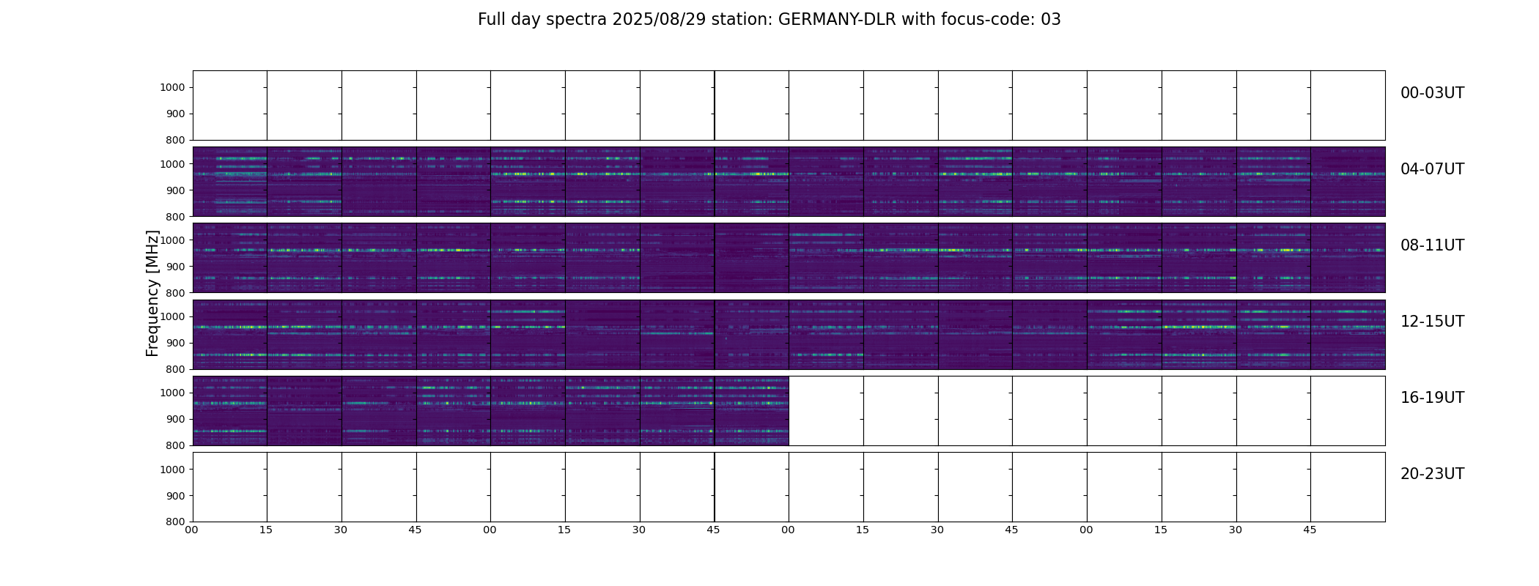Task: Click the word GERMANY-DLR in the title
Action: [x=836, y=20]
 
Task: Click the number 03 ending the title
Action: [x=1050, y=20]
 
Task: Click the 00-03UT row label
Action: [x=1432, y=93]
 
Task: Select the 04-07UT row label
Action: [x=1432, y=169]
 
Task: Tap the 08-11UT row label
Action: [x=1432, y=245]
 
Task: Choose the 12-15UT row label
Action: [x=1432, y=322]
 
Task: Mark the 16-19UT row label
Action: [x=1432, y=398]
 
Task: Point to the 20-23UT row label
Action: [x=1432, y=474]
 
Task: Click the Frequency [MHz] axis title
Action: [x=152, y=293]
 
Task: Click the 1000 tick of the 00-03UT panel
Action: [x=172, y=88]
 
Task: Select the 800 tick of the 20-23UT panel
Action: [x=175, y=522]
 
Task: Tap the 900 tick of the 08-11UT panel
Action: [x=175, y=267]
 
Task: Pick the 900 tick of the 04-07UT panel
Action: [x=175, y=190]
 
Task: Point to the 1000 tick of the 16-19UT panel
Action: [x=172, y=393]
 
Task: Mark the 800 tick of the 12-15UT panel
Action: [x=175, y=369]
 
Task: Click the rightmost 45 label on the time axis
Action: [x=1310, y=530]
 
